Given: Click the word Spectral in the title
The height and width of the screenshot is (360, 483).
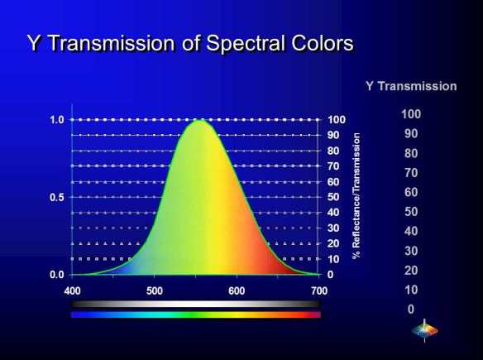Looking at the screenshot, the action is (x=246, y=44).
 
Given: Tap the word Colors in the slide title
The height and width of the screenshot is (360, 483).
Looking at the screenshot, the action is (x=323, y=43).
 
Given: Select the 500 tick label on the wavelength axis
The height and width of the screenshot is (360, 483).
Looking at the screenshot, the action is (x=155, y=291).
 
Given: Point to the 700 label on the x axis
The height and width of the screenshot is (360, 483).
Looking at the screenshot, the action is (x=319, y=291).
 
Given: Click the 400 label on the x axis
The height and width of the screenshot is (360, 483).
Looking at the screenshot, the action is (x=72, y=291).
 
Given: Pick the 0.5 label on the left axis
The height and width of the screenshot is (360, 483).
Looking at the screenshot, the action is (x=57, y=197).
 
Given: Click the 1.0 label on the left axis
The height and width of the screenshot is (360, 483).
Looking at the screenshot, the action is (x=57, y=120).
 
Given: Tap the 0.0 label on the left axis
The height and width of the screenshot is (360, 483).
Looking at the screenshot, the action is (x=57, y=275).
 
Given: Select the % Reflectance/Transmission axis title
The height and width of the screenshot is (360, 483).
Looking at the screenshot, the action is (x=356, y=195).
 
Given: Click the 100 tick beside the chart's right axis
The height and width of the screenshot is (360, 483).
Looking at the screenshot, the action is (x=337, y=120).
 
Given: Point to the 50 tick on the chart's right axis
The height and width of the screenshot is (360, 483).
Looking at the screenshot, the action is (x=333, y=197).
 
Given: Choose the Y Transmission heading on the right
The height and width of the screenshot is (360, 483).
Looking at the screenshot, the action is (x=411, y=86).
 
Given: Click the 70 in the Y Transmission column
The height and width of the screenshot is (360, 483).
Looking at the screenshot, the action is (x=411, y=173).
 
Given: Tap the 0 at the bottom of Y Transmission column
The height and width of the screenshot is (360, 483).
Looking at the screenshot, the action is (x=411, y=310).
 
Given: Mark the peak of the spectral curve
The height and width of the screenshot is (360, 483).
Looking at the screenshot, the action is (x=199, y=120).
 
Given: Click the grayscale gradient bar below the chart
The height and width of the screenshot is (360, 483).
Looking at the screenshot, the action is (x=196, y=304).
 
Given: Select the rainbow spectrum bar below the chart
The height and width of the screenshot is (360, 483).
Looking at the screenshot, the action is (x=196, y=314).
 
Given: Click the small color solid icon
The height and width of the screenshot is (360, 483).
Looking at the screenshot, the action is (x=425, y=331).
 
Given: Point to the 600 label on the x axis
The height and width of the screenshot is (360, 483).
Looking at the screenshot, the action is (x=237, y=291).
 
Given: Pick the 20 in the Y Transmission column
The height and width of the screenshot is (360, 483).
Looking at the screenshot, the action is (x=411, y=271).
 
